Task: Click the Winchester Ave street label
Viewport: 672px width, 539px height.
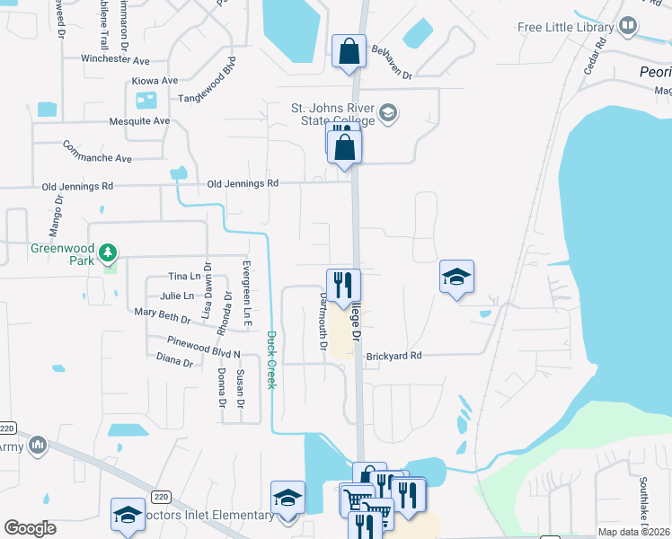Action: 115,60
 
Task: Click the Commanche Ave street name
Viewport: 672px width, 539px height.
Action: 97,152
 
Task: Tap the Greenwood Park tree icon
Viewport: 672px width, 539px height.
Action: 109,252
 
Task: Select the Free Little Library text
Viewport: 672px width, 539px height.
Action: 564,27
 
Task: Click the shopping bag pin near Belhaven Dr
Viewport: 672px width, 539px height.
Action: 349,51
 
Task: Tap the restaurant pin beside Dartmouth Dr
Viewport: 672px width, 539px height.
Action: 343,285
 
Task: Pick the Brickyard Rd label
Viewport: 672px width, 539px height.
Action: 393,356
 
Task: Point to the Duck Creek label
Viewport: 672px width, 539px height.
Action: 270,359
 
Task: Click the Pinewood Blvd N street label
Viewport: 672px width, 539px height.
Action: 204,348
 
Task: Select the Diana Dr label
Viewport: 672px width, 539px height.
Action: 174,360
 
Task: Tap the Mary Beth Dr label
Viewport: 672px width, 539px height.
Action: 162,315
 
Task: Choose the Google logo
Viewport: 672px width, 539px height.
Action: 31,528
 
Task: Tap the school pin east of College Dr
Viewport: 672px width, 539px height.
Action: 456,278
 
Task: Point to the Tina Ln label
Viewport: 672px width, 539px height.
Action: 184,277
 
